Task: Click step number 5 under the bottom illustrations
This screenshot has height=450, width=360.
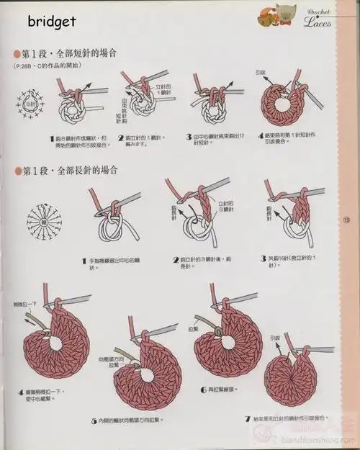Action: click(x=94, y=420)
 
